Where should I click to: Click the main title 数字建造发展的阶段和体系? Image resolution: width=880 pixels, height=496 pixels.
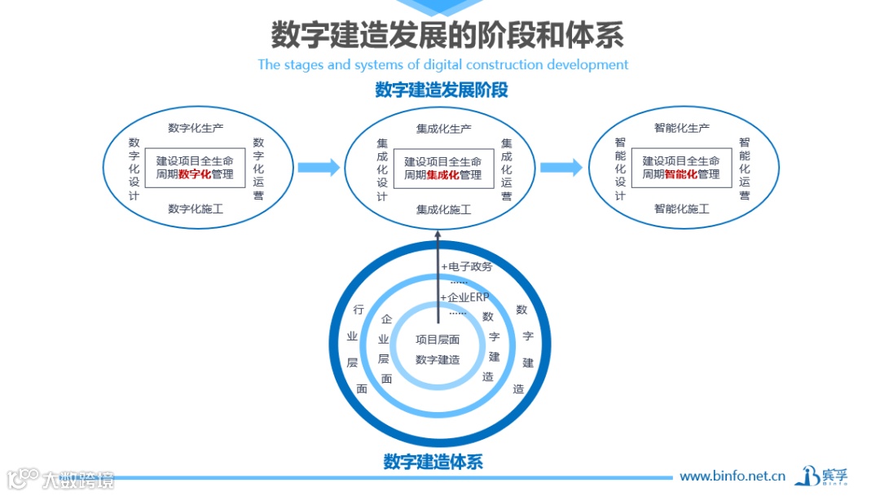click(447, 36)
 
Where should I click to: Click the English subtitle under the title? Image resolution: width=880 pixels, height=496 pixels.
click(442, 64)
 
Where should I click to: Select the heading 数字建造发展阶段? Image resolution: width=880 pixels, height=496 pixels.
click(442, 90)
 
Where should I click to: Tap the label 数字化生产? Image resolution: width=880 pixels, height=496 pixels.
click(196, 128)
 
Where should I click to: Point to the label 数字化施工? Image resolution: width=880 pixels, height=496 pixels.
click(196, 209)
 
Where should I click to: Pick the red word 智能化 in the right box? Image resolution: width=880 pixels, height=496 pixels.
click(681, 174)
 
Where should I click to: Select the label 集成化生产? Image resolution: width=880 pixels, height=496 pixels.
click(443, 129)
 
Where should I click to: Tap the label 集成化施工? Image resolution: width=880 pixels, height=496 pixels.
click(443, 210)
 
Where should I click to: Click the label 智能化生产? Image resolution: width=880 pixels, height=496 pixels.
click(681, 128)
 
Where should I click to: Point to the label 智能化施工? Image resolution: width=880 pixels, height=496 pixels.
click(681, 209)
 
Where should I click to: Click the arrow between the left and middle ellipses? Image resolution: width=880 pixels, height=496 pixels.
click(318, 168)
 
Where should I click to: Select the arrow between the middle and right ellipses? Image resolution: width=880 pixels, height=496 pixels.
click(561, 168)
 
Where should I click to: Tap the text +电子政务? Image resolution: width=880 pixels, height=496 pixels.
click(467, 266)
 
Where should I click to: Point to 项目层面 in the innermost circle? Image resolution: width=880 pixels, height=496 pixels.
click(438, 340)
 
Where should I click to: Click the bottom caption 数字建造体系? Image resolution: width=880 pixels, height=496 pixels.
click(433, 462)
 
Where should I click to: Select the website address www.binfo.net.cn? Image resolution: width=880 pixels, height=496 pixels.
click(732, 476)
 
